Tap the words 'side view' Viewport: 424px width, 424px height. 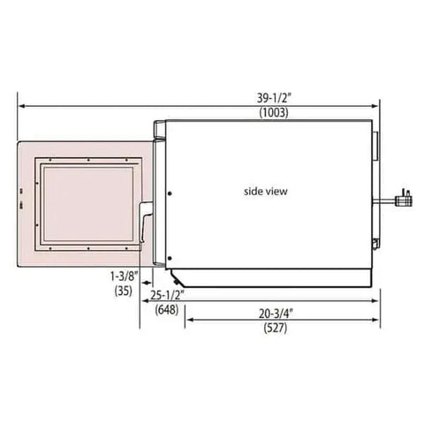[265, 190]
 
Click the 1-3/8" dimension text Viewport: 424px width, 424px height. [122, 276]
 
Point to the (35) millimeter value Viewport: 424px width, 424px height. [122, 290]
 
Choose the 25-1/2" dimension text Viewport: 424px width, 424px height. [166, 295]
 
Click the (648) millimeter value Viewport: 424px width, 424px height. [166, 309]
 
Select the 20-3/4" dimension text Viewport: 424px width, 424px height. [278, 313]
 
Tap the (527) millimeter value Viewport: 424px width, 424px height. [278, 328]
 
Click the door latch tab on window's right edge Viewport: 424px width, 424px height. [145, 221]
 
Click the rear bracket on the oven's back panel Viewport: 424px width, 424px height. [375, 141]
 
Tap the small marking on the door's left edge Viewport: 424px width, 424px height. [20, 204]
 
